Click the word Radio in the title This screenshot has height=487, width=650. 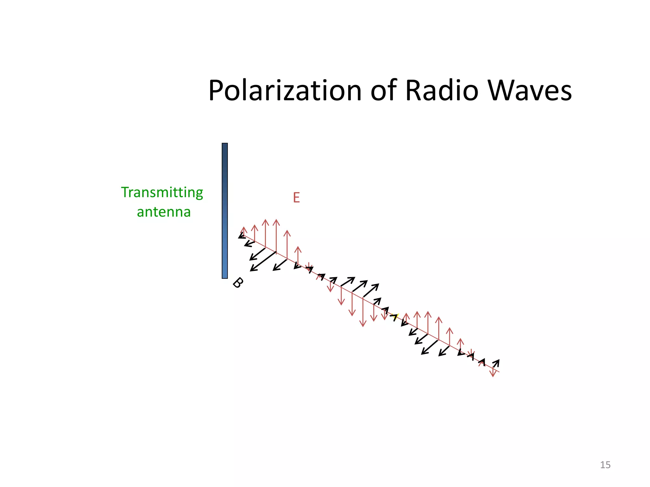(x=441, y=91)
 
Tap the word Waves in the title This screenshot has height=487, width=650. (x=529, y=91)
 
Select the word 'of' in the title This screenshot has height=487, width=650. (x=384, y=91)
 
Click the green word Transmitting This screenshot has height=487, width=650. (x=162, y=193)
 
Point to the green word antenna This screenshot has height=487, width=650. (x=163, y=212)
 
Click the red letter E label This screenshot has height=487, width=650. (x=296, y=198)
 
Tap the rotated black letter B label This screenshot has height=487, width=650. (x=238, y=282)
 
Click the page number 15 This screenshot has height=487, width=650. (x=605, y=465)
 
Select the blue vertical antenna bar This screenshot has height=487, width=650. (x=225, y=211)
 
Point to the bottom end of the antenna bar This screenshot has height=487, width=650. (x=225, y=277)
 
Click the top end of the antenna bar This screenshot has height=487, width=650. (x=225, y=145)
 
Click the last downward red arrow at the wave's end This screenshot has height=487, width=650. (x=493, y=373)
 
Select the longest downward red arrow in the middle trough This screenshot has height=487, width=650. (x=363, y=312)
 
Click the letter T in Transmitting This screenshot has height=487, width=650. (x=125, y=192)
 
